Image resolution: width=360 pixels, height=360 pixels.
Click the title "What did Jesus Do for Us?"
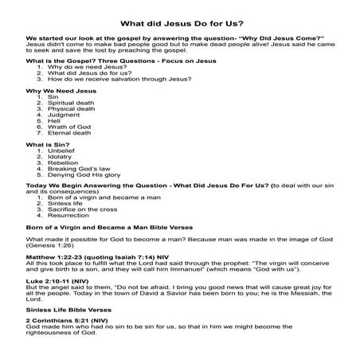click(179, 24)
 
